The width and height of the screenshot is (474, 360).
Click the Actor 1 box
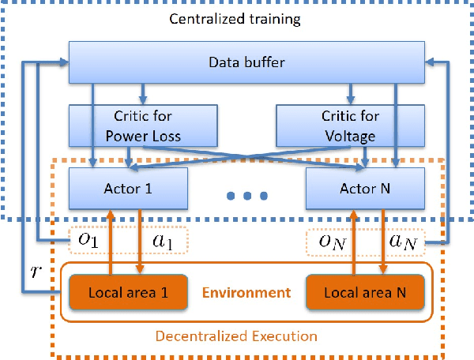point(129,189)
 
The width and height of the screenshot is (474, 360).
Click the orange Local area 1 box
point(129,292)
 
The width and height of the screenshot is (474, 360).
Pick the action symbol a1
point(164,239)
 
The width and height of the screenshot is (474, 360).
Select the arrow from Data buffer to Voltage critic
point(347,92)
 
